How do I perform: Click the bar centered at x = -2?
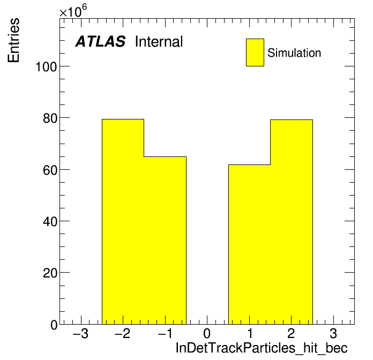[x=123, y=222]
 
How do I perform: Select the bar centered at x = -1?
[x=165, y=241]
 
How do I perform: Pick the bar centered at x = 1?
[x=249, y=244]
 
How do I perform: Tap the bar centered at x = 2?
[x=292, y=222]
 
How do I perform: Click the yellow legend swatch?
[x=255, y=52]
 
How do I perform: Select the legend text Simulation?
[x=294, y=53]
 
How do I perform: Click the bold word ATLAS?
[x=100, y=41]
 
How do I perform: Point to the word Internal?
[x=159, y=42]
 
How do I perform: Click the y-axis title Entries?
[x=13, y=40]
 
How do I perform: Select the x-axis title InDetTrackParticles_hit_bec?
[x=262, y=348]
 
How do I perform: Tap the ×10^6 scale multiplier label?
[x=73, y=11]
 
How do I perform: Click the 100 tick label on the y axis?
[x=47, y=67]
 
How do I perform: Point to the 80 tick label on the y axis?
[x=50, y=118]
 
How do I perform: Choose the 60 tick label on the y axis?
[x=50, y=170]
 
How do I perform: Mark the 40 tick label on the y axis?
[x=50, y=222]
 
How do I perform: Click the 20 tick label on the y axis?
[x=50, y=273]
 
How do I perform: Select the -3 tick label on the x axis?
[x=80, y=333]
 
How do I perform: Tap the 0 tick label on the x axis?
[x=207, y=333]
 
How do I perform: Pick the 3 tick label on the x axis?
[x=333, y=333]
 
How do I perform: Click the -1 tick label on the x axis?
[x=165, y=333]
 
